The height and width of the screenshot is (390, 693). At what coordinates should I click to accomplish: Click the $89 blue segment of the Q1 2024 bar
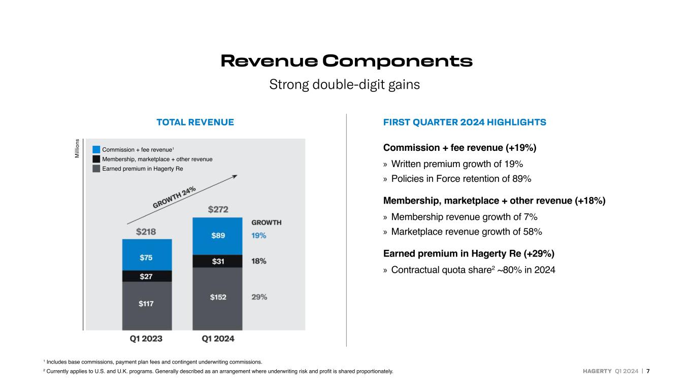217,236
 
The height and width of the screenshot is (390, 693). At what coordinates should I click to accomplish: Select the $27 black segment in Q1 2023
147,276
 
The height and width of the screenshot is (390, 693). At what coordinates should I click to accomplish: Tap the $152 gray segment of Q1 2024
217,299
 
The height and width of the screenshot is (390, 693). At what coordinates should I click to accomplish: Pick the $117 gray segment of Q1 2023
147,306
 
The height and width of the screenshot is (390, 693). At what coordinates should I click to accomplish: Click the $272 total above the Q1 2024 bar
218,210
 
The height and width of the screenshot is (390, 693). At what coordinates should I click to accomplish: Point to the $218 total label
146,232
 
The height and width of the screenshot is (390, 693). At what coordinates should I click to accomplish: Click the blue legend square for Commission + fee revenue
96,149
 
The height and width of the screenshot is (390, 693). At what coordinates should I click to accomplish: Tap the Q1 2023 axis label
146,339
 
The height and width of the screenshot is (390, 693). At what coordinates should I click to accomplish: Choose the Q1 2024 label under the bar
218,339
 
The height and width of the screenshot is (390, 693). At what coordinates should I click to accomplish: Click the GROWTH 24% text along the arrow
174,197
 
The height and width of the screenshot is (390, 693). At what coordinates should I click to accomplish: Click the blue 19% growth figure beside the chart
258,236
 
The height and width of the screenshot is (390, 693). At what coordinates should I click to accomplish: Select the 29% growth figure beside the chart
259,297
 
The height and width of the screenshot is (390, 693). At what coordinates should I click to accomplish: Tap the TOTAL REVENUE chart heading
195,122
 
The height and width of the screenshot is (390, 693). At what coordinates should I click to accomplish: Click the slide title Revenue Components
346,60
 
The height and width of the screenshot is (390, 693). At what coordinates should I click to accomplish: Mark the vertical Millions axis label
77,148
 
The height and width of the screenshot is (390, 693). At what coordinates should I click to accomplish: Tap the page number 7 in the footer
648,371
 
